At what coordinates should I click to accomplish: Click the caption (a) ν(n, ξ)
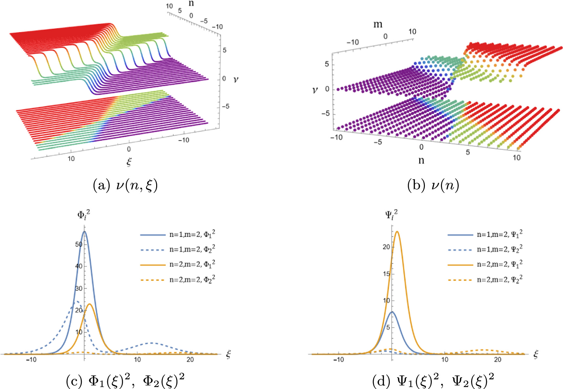coord(125,186)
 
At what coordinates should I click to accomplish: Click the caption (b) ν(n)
coord(433,186)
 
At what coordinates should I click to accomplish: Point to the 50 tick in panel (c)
coord(79,244)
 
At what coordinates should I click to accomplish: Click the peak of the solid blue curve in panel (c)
coord(84,232)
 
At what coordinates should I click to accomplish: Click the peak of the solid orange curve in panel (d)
coord(397,232)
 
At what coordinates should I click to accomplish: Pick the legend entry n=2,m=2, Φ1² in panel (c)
coord(192,264)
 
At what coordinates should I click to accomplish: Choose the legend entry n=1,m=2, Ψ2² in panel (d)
coord(499,250)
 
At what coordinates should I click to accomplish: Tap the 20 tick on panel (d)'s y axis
coord(386,247)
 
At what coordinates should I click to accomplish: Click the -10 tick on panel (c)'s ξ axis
coord(31,359)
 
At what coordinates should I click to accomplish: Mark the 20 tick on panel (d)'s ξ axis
coord(497,359)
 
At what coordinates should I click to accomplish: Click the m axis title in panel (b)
coord(378,25)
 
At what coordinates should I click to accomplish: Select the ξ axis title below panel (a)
coord(129,162)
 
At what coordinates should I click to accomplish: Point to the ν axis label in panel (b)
coord(315,90)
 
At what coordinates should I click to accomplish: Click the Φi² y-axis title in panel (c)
coord(83,215)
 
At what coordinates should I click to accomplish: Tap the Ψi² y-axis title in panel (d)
coord(391,215)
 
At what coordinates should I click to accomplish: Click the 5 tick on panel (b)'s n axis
coord(468,152)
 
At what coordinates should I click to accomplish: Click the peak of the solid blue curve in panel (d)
coord(392,312)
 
